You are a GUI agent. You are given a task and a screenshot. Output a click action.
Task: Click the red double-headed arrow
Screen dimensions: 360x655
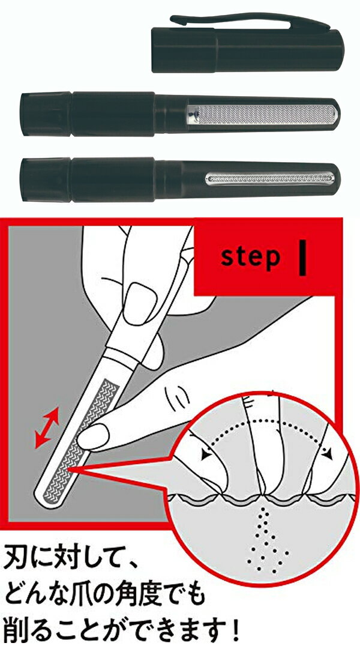(x=47, y=427)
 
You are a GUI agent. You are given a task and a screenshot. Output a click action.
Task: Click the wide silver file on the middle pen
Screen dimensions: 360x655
(x=263, y=114)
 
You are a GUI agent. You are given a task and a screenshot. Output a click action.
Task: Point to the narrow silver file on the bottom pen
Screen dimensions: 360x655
(x=270, y=179)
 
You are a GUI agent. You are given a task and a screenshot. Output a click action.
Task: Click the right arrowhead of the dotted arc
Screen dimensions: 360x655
(x=328, y=454)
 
